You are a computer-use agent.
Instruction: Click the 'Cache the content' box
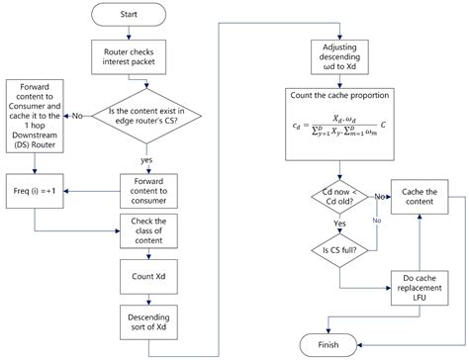(422, 196)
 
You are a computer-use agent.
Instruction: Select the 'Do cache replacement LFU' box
(422, 287)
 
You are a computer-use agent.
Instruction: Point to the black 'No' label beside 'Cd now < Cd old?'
(378, 197)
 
